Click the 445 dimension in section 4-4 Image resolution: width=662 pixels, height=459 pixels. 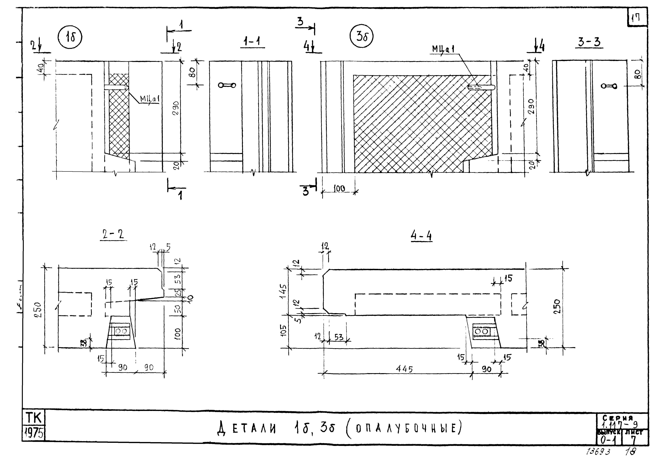click(x=404, y=369)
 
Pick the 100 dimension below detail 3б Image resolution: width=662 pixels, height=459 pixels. click(x=339, y=189)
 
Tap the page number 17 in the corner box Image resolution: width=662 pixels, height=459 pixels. click(x=637, y=19)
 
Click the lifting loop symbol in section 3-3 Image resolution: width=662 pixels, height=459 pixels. click(x=609, y=86)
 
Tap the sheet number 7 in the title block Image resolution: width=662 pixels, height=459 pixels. click(x=634, y=440)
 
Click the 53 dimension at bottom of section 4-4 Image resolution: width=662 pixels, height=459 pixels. click(x=339, y=337)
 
